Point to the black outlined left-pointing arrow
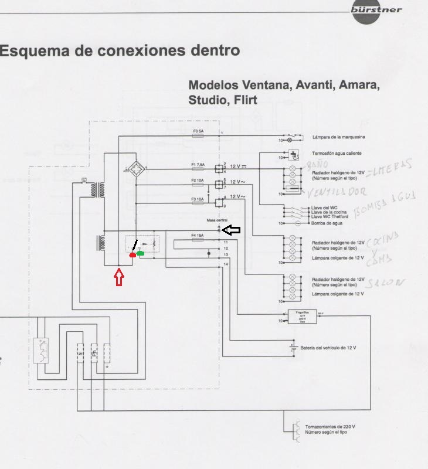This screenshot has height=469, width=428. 232,230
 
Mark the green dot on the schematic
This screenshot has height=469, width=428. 140,253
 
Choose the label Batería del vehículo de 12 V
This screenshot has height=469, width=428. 328,348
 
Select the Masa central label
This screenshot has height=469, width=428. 216,220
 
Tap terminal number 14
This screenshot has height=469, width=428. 226,265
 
